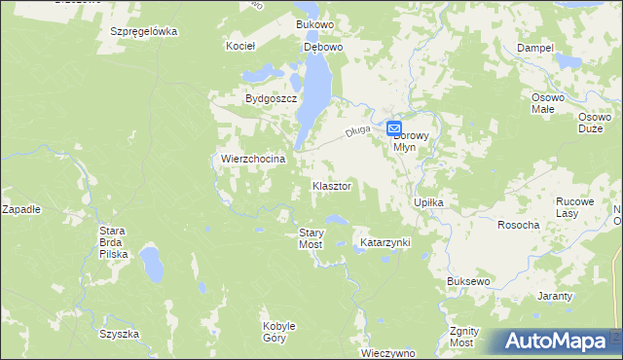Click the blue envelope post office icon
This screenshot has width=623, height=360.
395,127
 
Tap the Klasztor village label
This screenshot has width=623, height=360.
331,185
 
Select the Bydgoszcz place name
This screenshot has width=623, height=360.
271,99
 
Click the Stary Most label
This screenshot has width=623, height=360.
311,238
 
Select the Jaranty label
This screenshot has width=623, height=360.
554,295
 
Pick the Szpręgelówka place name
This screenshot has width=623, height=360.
144,31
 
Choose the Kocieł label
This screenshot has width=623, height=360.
239,46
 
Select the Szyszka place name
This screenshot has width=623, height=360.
119,334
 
